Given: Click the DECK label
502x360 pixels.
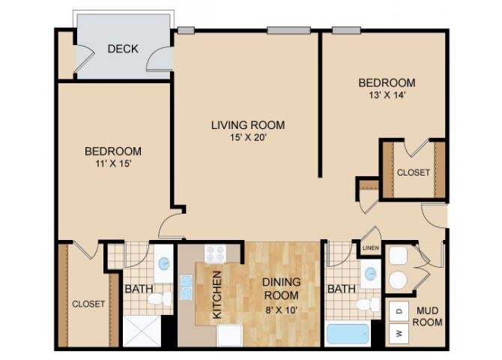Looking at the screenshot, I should [x=123, y=49].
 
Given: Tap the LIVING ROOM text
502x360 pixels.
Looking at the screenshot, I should [x=247, y=125].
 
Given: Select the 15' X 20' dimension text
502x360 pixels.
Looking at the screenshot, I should [x=247, y=137].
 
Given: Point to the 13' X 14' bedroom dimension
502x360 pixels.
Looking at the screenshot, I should [x=386, y=94].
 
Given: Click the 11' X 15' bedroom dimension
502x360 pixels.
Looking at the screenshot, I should [x=112, y=163].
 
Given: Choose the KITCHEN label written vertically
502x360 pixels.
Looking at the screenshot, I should [x=217, y=295].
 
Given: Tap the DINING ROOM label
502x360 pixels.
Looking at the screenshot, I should [x=281, y=288].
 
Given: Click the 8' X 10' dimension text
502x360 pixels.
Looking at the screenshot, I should [x=281, y=307].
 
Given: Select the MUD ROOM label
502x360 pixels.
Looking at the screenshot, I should [x=428, y=316].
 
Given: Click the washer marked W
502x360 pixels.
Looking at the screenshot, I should [x=399, y=332].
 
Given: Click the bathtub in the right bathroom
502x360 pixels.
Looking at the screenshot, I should [x=348, y=333].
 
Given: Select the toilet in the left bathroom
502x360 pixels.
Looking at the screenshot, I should [x=158, y=299].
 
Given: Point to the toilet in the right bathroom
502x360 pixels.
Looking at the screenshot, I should [x=367, y=304].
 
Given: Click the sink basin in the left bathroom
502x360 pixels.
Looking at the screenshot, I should [x=164, y=265].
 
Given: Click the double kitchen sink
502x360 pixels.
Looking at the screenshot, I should [x=185, y=286].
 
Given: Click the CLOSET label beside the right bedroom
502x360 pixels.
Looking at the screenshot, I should [x=414, y=172].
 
